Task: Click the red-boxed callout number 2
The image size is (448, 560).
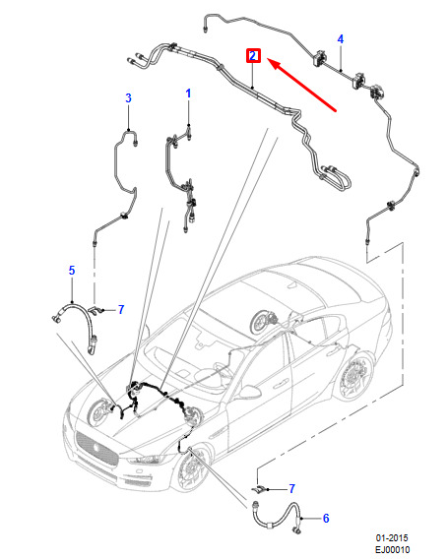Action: coord(253,56)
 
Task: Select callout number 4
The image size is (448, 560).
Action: coord(341,39)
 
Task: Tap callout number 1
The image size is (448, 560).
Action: coord(188,93)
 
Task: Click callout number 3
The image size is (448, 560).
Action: coord(129,97)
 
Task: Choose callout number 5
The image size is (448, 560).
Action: coord(72,271)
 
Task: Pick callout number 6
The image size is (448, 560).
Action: coord(326,519)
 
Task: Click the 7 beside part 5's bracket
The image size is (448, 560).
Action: coord(121,309)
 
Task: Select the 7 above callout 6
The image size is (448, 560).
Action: coord(292,488)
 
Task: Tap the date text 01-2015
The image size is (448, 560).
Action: coord(392,538)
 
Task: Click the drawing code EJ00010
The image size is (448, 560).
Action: coord(392,549)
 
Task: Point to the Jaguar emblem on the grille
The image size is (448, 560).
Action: coord(96,448)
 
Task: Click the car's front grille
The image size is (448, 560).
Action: coord(96,448)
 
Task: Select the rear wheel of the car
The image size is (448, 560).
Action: coord(354,376)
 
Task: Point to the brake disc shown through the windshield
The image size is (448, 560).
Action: coord(265,322)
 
